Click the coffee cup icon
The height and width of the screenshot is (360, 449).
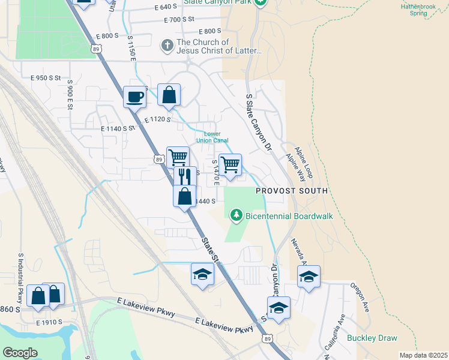(x=134, y=96)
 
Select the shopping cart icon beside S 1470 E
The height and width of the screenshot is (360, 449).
(x=230, y=164)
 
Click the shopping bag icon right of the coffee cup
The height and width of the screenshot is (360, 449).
(x=169, y=95)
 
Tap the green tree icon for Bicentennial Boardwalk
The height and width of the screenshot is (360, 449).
(x=237, y=215)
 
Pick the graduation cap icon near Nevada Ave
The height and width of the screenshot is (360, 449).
(x=309, y=277)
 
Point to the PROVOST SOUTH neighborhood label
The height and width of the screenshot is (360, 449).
(x=292, y=191)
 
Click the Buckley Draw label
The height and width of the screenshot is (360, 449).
(x=372, y=338)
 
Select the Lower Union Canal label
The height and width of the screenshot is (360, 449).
(x=216, y=137)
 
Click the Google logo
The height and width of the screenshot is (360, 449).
(x=20, y=352)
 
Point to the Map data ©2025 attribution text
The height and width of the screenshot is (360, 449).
(x=423, y=355)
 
